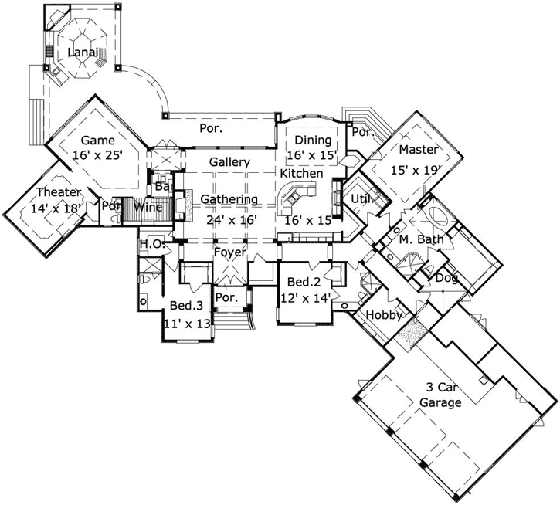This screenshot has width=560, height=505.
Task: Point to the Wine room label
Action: (148, 207)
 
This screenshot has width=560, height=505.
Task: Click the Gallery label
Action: (229, 163)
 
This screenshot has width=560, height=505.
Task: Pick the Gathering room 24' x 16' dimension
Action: (229, 219)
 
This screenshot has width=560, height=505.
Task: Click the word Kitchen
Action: (301, 175)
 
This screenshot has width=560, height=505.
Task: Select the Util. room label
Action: (361, 200)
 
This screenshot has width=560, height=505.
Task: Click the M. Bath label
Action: (421, 239)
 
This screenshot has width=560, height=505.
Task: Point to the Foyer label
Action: (229, 252)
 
